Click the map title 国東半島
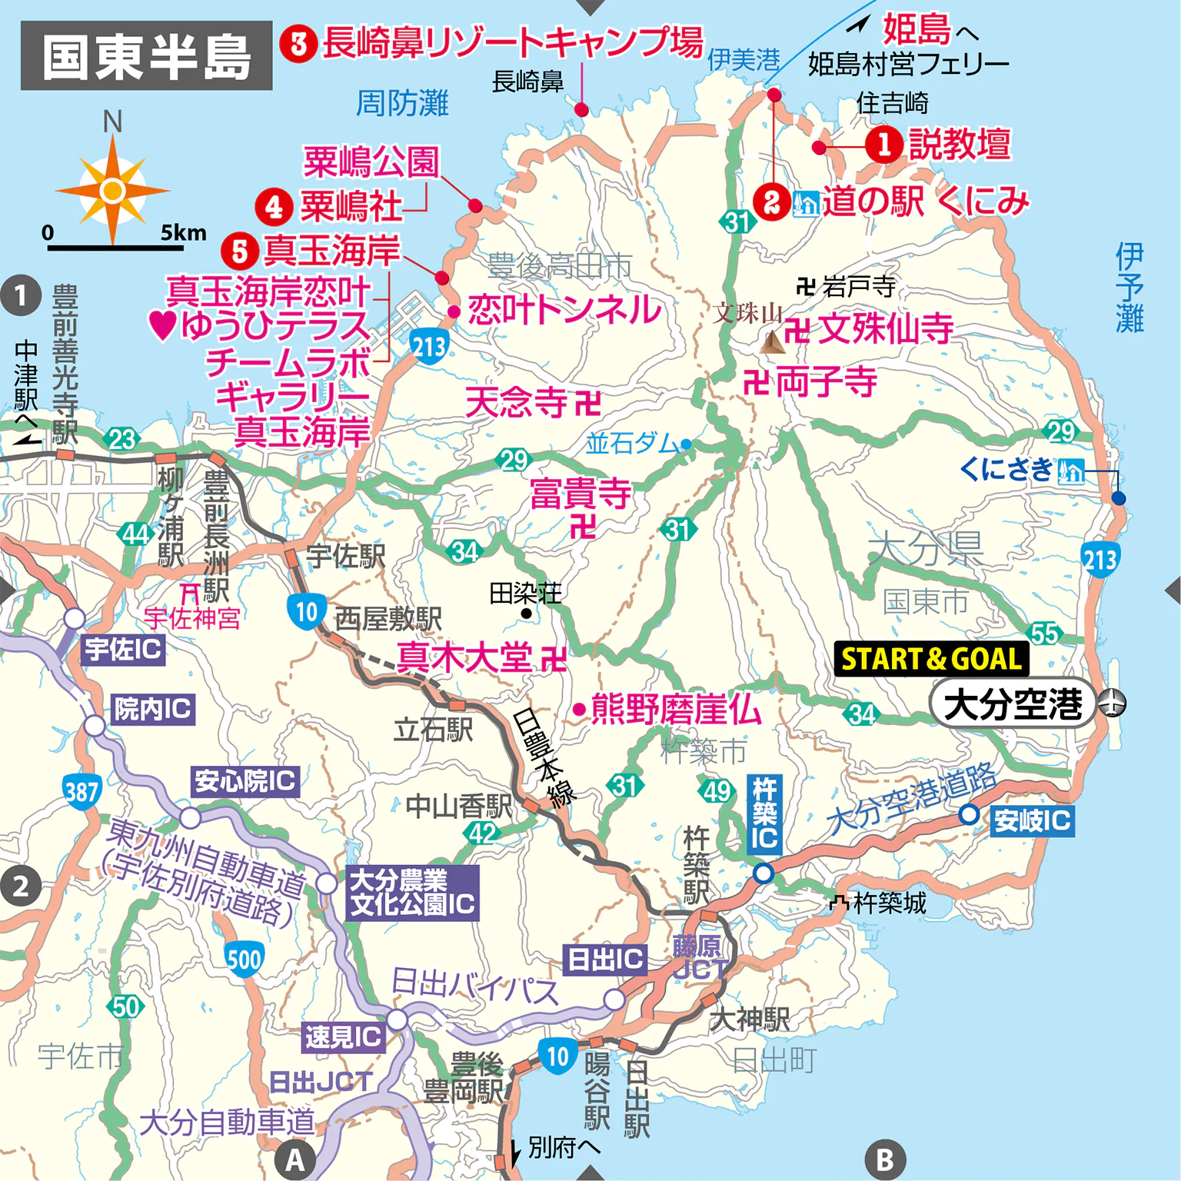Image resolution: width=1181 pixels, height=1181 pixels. pyautogui.click(x=146, y=56)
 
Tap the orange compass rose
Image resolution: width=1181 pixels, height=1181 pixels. pyautogui.click(x=112, y=190)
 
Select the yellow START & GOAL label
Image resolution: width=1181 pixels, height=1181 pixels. pyautogui.click(x=931, y=659)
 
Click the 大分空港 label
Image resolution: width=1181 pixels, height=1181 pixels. pyautogui.click(x=1012, y=703)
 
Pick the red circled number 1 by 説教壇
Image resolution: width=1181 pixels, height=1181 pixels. pyautogui.click(x=883, y=144)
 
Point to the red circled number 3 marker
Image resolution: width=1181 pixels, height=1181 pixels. pyautogui.click(x=298, y=44)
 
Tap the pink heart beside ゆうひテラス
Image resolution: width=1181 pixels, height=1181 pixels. pyautogui.click(x=162, y=324)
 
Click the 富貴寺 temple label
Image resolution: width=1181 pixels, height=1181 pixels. pyautogui.click(x=581, y=494)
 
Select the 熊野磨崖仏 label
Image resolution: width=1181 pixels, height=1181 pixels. pyautogui.click(x=676, y=709)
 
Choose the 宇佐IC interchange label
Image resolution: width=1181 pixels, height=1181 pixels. pyautogui.click(x=123, y=650)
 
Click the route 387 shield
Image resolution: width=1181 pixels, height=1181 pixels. pyautogui.click(x=81, y=791)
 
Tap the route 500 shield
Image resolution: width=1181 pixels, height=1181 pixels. pyautogui.click(x=245, y=959)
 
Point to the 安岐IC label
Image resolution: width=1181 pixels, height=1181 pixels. pyautogui.click(x=1031, y=820)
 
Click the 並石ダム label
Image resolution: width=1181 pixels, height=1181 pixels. pyautogui.click(x=632, y=444)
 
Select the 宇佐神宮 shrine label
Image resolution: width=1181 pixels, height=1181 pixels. pyautogui.click(x=192, y=617)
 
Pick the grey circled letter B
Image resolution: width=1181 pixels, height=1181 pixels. pyautogui.click(x=885, y=1159)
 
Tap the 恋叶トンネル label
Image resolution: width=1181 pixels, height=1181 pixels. pyautogui.click(x=564, y=310)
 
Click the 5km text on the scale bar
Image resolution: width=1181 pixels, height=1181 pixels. pyautogui.click(x=183, y=232)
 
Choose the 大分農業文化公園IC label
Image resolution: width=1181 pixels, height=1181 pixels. pyautogui.click(x=413, y=893)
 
